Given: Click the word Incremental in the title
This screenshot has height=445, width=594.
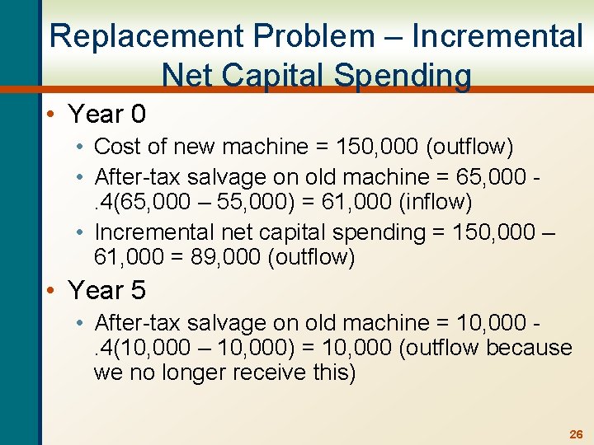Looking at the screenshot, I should tap(497, 36).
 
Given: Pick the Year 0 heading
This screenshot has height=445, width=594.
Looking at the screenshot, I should tap(106, 114).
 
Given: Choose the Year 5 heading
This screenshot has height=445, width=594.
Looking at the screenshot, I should tap(106, 290).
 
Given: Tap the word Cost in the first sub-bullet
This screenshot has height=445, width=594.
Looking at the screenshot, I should tap(114, 148).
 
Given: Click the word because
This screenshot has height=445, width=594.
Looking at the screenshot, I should tap(529, 348).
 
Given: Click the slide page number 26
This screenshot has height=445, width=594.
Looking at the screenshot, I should tap(576, 433).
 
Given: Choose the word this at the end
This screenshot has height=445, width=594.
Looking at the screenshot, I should tap(336, 372).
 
